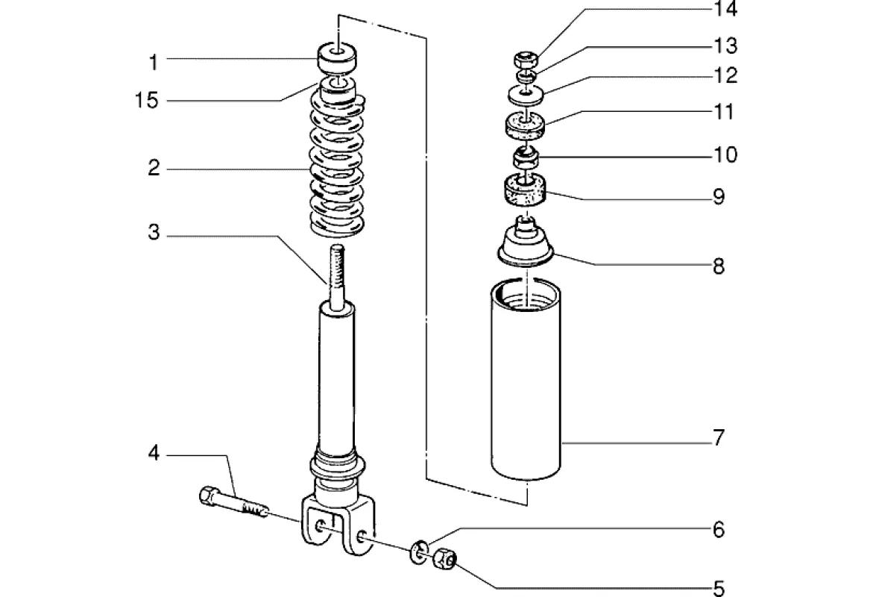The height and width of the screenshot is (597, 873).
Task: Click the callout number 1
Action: pos(153,62)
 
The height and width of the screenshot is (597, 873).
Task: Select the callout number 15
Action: pos(148,101)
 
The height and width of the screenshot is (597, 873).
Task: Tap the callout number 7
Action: pos(718,438)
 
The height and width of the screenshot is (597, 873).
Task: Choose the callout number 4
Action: pos(153,454)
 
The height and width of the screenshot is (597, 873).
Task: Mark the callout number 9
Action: pos(718,197)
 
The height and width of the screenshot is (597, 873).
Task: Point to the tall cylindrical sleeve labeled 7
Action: pos(526,381)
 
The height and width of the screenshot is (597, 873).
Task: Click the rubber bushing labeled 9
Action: pos(526,190)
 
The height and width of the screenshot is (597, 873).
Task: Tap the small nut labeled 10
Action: pos(526,158)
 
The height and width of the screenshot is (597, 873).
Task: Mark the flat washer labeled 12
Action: pos(526,94)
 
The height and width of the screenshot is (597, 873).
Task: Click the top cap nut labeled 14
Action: pos(526,60)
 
